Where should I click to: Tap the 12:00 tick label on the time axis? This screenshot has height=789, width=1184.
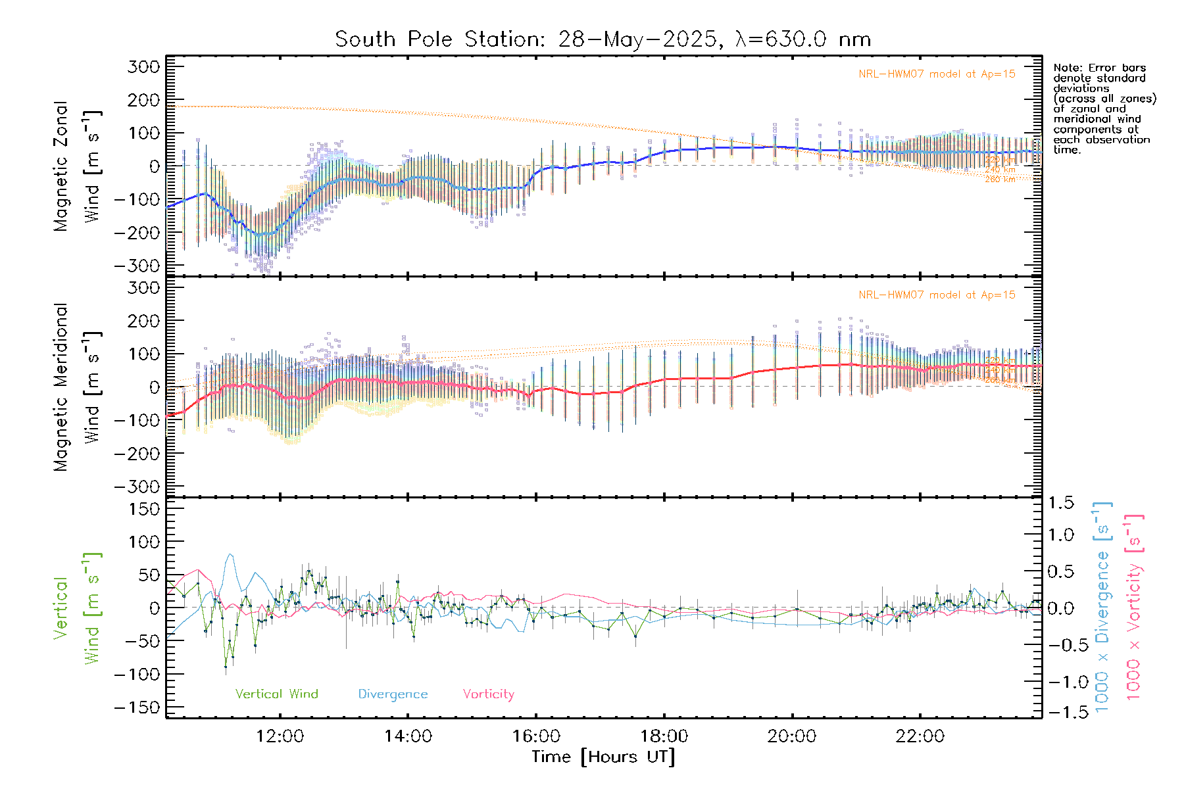coord(280,736)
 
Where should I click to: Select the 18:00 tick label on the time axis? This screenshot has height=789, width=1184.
coord(664,736)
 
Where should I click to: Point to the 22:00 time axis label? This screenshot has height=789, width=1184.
coord(920,736)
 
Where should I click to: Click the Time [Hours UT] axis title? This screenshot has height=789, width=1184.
coord(603,757)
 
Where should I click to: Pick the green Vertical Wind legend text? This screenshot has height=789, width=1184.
coord(276,694)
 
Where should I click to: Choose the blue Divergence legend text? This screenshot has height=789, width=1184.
coord(393,694)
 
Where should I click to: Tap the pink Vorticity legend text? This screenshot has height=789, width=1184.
coord(488,694)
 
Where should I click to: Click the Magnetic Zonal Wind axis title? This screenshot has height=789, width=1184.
coord(78,166)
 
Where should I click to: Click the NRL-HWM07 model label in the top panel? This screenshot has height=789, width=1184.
coord(937,74)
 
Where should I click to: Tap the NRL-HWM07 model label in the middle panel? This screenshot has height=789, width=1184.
coord(937,295)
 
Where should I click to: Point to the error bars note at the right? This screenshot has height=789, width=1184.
coord(1104,108)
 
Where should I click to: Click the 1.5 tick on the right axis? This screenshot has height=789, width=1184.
coord(1060,503)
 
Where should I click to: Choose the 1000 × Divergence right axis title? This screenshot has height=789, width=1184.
coord(1102,608)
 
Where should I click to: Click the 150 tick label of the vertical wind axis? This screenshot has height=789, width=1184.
coord(144,509)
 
